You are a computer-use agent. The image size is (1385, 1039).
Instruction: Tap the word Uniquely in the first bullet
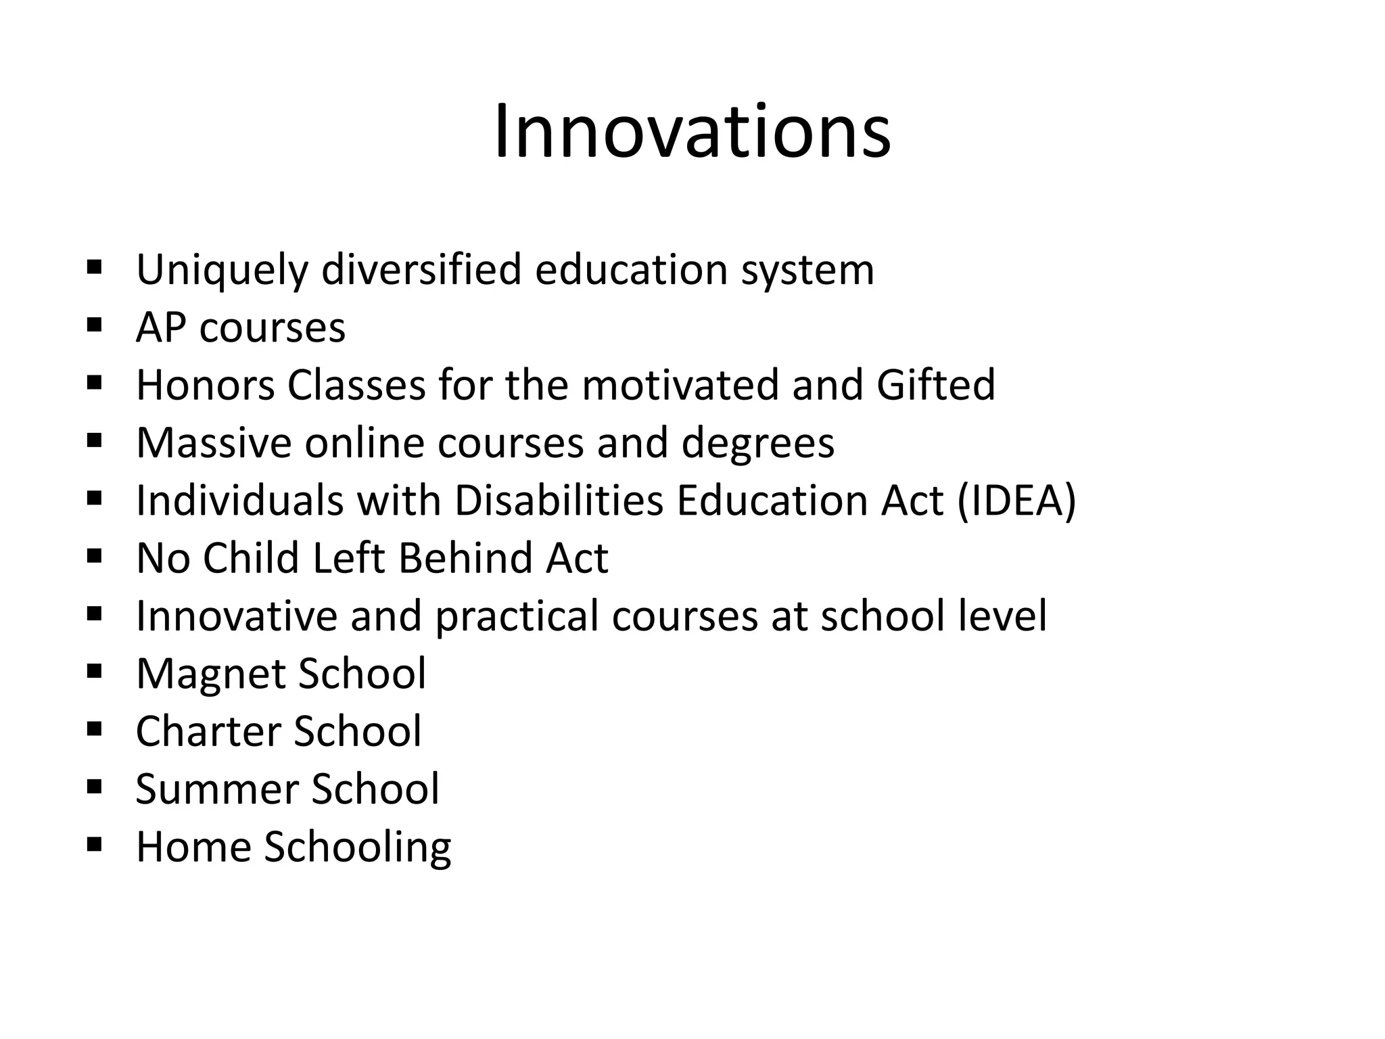click(x=222, y=270)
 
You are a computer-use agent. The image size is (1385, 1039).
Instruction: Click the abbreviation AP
click(x=160, y=327)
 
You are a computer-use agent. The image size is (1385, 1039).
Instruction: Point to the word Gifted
click(x=936, y=385)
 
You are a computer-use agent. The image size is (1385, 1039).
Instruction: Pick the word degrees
click(x=757, y=443)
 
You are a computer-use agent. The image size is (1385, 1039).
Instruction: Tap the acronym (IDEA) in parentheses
click(x=1016, y=501)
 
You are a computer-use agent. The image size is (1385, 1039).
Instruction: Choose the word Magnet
click(x=210, y=674)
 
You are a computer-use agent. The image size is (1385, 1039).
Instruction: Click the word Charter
click(x=208, y=731)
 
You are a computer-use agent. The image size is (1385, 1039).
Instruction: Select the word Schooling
click(x=357, y=848)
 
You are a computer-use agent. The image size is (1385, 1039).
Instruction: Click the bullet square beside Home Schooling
click(x=95, y=844)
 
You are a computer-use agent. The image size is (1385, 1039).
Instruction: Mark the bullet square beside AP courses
click(x=95, y=325)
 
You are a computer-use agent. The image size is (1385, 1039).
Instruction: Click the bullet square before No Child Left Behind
click(x=95, y=556)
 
